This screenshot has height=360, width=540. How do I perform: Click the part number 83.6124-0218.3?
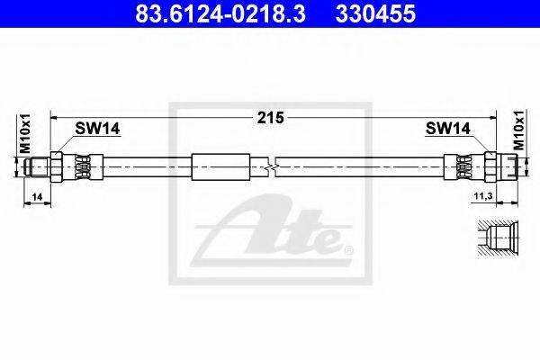pyautogui.click(x=220, y=13)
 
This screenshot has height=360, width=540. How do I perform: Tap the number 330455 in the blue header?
pyautogui.click(x=375, y=13)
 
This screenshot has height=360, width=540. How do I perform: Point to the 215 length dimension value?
pyautogui.click(x=271, y=118)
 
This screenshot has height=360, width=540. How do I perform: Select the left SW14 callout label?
pyautogui.click(x=97, y=129)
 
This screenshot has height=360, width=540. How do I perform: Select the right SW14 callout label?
pyautogui.click(x=447, y=129)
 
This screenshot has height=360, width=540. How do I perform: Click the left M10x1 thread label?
pyautogui.click(x=25, y=133)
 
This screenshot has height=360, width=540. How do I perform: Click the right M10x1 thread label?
pyautogui.click(x=519, y=130)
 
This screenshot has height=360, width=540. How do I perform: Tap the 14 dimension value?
pyautogui.click(x=37, y=197)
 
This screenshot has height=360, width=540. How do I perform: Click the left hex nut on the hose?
pyautogui.click(x=56, y=167)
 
